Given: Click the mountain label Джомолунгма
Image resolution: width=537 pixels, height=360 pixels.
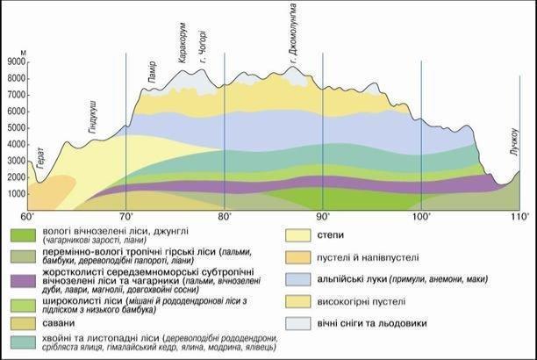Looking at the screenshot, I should (x=293, y=35).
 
